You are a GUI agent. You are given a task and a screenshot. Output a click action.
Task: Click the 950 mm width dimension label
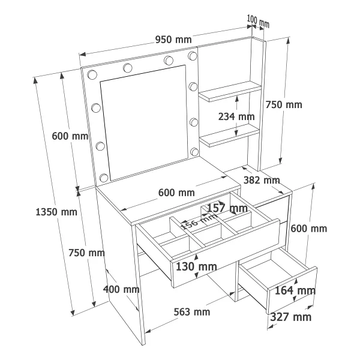(x=173, y=40)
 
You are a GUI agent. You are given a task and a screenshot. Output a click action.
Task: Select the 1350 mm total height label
(x=56, y=212)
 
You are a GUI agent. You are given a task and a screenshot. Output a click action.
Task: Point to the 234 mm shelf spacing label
(x=236, y=116)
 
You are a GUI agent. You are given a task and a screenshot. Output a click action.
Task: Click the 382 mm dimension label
(x=262, y=180)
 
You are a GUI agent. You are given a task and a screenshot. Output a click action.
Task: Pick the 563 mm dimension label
(x=192, y=312)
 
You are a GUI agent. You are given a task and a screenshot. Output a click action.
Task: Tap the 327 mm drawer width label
(x=290, y=317)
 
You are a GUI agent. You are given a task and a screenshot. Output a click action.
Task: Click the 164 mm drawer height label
(x=295, y=290)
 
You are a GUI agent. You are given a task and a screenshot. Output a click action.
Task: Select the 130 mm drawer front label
(x=196, y=266)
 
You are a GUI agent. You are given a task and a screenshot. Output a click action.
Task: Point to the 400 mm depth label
(x=121, y=289)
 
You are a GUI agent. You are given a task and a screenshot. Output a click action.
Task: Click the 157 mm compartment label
(x=227, y=208)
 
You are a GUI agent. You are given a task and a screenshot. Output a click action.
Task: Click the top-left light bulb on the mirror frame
(x=92, y=74)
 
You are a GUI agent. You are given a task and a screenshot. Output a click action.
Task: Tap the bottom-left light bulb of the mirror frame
(x=104, y=178)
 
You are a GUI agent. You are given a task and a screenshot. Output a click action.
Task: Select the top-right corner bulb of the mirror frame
(x=193, y=56)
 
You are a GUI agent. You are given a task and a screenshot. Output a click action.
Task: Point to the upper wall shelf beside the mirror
(x=230, y=91)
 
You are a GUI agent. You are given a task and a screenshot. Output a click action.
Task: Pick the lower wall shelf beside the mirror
(x=229, y=136)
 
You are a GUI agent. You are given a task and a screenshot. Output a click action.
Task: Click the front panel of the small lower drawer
(x=292, y=290)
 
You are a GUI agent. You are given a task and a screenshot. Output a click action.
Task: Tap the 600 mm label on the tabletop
(x=176, y=193)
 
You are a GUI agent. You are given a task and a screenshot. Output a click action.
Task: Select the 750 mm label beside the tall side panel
(x=284, y=104)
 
